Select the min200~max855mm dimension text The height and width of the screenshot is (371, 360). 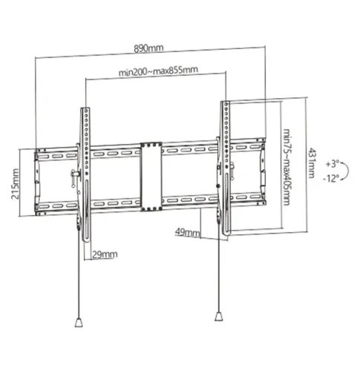pyautogui.click(x=157, y=71)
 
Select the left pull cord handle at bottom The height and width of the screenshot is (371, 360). pyautogui.click(x=78, y=323)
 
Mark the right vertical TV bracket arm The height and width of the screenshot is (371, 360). pyautogui.click(x=223, y=167)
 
